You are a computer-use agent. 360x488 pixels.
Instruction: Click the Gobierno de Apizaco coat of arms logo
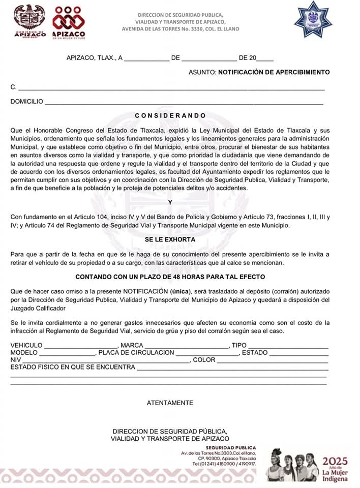coord(29,20)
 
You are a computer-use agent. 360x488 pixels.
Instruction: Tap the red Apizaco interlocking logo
coord(69,21)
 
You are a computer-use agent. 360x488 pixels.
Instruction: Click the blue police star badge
coord(313,20)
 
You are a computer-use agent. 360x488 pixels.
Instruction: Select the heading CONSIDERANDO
coord(170,116)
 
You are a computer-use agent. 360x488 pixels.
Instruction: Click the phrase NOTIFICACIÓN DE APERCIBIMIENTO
coord(274,72)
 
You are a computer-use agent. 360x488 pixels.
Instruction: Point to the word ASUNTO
coord(202,72)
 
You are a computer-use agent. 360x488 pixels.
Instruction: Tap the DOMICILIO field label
coord(26,102)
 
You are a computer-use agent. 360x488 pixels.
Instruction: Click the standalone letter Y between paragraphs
coord(170,202)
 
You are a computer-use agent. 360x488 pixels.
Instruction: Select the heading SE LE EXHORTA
coord(170,239)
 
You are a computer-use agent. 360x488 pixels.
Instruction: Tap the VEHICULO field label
coord(26,346)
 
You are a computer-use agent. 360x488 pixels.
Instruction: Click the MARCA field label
coord(132,346)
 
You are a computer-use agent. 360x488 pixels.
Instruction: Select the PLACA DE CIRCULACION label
coord(136,353)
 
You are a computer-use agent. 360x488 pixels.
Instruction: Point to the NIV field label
coord(16,360)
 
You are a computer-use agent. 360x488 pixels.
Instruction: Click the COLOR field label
coord(204,360)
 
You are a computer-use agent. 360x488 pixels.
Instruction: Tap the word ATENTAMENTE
coord(170,403)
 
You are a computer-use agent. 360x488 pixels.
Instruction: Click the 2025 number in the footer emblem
coord(334,462)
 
